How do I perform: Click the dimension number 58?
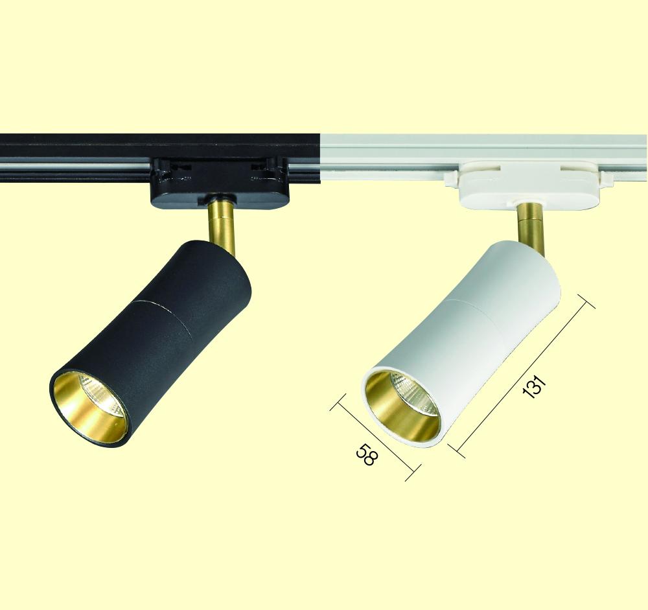coord(367,454)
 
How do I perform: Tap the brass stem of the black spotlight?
coord(222,224)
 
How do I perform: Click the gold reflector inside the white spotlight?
coord(402,407)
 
